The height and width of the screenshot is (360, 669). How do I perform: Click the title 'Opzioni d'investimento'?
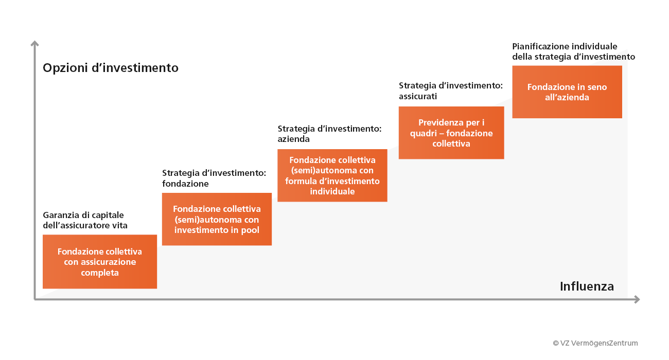click(111, 68)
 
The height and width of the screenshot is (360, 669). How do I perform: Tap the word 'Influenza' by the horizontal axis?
click(587, 286)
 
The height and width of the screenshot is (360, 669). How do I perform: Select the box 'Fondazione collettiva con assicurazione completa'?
click(100, 261)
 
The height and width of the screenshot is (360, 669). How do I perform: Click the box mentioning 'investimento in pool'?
click(217, 219)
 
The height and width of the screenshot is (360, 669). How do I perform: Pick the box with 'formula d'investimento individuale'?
click(332, 175)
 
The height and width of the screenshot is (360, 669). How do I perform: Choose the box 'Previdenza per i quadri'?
click(451, 133)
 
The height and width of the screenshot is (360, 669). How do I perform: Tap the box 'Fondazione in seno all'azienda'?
click(567, 92)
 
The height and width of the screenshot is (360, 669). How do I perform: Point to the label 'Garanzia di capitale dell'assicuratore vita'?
click(85, 220)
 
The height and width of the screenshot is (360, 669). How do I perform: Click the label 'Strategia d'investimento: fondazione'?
click(214, 178)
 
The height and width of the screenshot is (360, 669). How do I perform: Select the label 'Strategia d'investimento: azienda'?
click(329, 134)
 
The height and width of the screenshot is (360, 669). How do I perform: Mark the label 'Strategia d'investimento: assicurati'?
click(451, 91)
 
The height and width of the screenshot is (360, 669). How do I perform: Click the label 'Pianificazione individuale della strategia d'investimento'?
click(573, 51)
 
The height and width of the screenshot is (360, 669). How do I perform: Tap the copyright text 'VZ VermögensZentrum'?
click(599, 343)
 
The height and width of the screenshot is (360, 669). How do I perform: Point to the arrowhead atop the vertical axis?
click(34, 44)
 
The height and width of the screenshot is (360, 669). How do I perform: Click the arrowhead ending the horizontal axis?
click(637, 299)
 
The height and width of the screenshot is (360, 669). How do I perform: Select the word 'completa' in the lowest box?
click(100, 273)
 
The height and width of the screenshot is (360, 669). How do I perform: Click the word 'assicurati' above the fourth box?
click(418, 96)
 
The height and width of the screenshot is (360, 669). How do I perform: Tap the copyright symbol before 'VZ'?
click(555, 343)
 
